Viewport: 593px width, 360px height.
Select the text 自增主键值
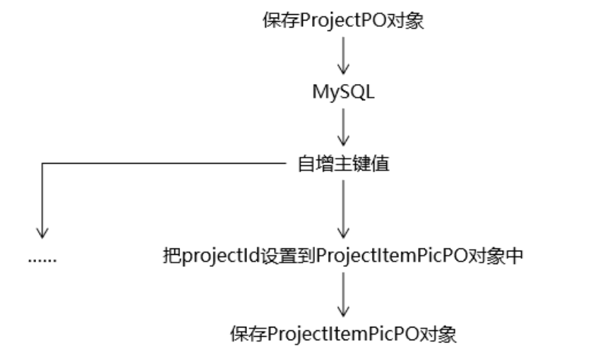coord(342,165)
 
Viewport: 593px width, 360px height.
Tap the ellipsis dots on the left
coord(42,258)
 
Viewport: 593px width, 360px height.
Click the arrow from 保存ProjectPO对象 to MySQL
coord(343,56)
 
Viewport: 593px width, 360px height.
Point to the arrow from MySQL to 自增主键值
coord(343,128)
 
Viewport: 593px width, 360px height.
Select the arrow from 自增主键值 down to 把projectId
coord(343,208)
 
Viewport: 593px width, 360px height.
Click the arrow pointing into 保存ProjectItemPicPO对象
coord(343,294)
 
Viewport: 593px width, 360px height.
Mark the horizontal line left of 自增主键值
coord(162,164)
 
